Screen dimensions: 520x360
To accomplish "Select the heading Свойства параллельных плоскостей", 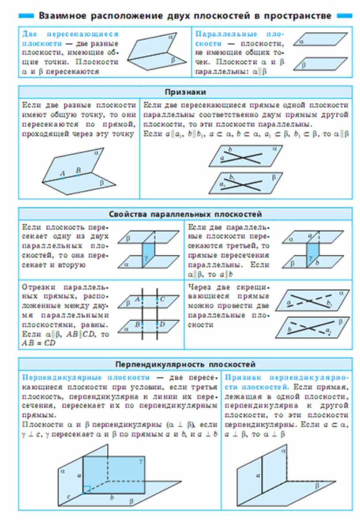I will (x=185, y=214).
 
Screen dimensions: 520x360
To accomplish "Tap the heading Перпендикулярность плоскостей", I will (x=185, y=365).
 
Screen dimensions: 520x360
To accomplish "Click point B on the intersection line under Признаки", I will (x=78, y=170).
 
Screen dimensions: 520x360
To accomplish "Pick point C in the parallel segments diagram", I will (x=162, y=300).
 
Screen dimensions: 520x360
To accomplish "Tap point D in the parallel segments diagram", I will (x=162, y=324).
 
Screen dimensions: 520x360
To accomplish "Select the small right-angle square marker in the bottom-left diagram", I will (x=87, y=490).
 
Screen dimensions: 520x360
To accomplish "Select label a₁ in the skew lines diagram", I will (x=327, y=329).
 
